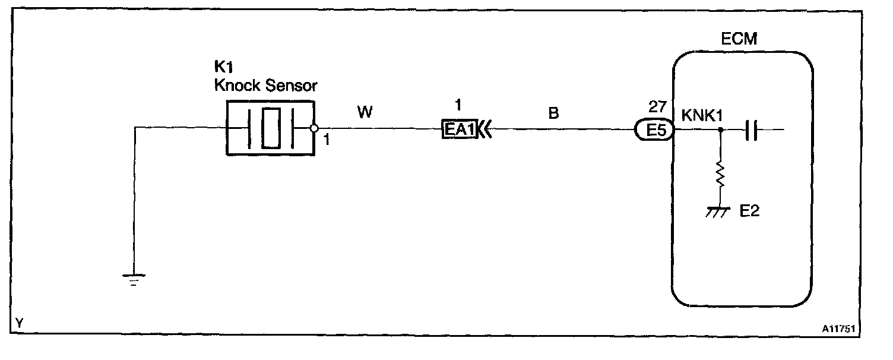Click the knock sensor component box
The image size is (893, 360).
pyautogui.click(x=270, y=128)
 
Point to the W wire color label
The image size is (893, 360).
pyautogui.click(x=365, y=112)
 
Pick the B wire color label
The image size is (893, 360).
pyautogui.click(x=553, y=112)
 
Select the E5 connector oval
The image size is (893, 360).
pyautogui.click(x=654, y=129)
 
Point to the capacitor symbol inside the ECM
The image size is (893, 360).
pyautogui.click(x=751, y=129)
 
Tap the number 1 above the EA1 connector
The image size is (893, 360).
pyautogui.click(x=457, y=106)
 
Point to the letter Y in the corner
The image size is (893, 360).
pyautogui.click(x=20, y=323)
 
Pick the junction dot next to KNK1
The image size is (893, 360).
pyautogui.click(x=720, y=129)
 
